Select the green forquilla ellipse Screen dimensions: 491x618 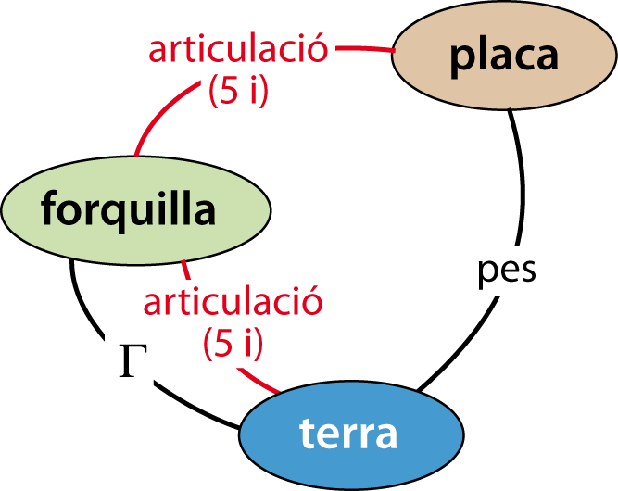(x=135, y=210)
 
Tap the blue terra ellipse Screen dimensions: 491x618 (x=350, y=434)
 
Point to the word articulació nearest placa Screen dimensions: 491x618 (x=238, y=50)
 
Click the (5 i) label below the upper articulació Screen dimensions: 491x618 (x=238, y=91)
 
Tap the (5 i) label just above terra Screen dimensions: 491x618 (x=233, y=343)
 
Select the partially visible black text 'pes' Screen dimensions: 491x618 (x=510, y=270)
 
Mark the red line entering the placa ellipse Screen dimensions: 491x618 (x=365, y=48)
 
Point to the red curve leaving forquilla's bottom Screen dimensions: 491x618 (x=185, y=271)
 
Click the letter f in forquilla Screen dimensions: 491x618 (x=49, y=210)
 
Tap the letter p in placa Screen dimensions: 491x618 (x=461, y=57)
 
